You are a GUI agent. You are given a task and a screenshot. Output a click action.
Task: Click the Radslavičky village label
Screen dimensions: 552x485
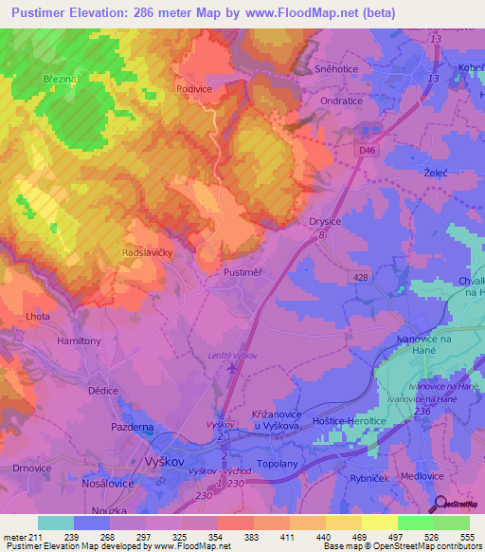tap(148, 254)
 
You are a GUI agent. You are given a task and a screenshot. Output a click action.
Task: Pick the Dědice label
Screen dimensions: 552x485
tap(102, 390)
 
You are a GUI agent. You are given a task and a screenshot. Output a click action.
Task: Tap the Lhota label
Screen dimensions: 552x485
tap(40, 315)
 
